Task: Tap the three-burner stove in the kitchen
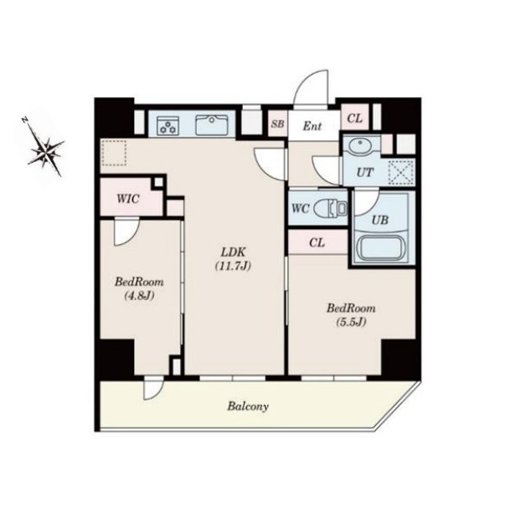click(x=168, y=126)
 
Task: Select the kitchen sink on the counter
click(x=212, y=125)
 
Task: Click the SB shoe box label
click(x=277, y=124)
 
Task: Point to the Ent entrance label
click(x=312, y=126)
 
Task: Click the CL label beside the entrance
click(x=355, y=118)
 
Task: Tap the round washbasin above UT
click(x=361, y=146)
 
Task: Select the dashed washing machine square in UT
click(x=401, y=172)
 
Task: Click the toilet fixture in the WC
click(x=330, y=208)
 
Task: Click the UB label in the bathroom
click(x=380, y=220)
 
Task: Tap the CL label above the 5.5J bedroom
click(x=317, y=242)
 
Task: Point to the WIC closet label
click(x=128, y=199)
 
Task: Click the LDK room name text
click(x=233, y=252)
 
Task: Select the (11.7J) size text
click(x=233, y=266)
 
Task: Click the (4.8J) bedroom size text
click(x=139, y=296)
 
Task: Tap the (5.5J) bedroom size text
click(x=351, y=322)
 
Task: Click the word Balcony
click(x=248, y=407)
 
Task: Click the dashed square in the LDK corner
click(x=114, y=153)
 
